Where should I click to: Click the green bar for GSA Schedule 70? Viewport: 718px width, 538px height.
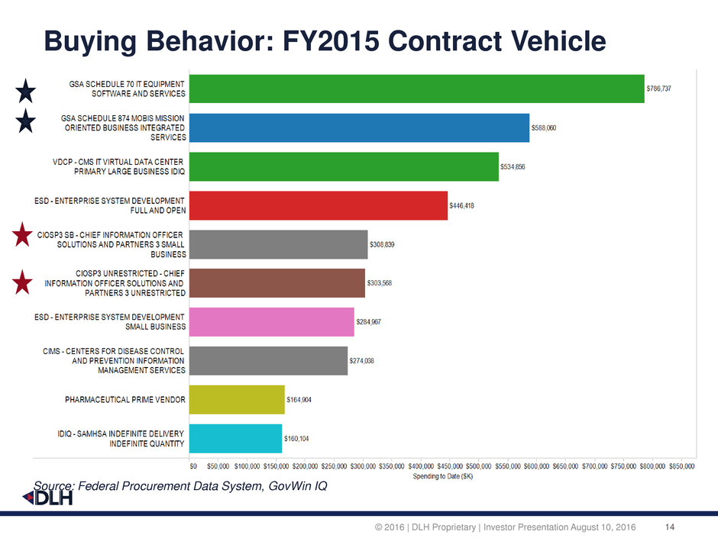pos(416,89)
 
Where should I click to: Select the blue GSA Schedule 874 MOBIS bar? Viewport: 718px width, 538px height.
pos(359,127)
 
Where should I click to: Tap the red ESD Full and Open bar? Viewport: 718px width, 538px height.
pos(318,205)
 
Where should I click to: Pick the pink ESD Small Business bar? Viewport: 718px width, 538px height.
pos(271,321)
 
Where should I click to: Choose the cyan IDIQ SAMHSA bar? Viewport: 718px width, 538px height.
pos(235,439)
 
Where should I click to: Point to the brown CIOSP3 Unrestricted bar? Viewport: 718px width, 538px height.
pos(277,282)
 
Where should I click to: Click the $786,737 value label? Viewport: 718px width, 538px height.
pos(660,89)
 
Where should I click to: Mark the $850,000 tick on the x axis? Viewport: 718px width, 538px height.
pos(680,465)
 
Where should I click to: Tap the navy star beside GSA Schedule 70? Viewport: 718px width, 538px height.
pos(25,93)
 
